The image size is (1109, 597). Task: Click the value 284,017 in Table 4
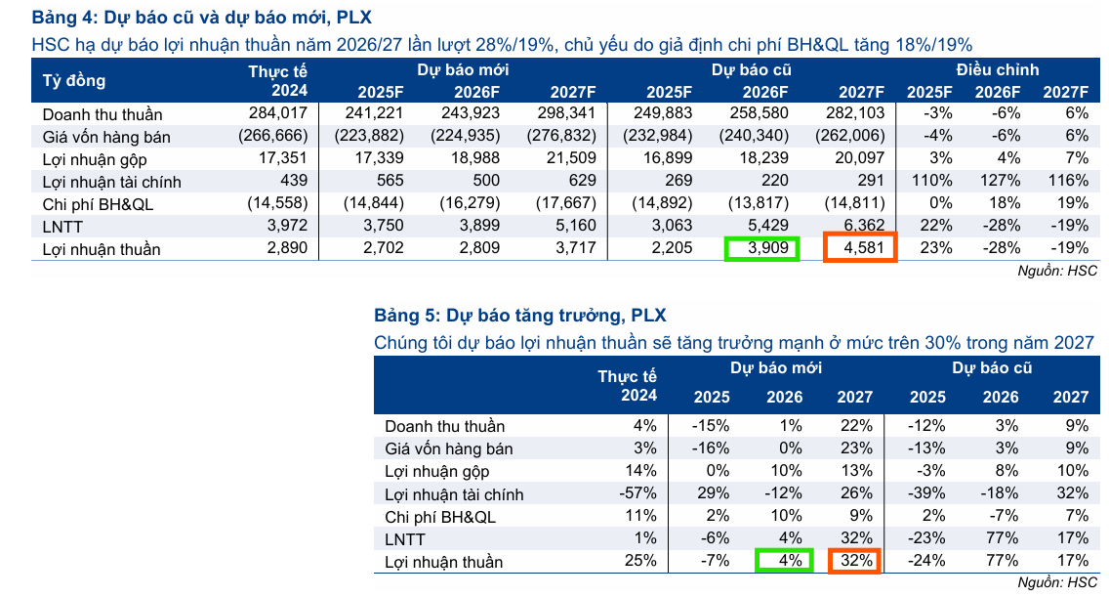[x=279, y=113]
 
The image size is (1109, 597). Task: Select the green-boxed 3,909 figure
[x=761, y=249]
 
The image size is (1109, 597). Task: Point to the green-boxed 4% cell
[x=783, y=561]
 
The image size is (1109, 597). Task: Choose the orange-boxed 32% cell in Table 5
[x=854, y=561]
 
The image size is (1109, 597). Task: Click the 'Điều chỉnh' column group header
[x=997, y=69]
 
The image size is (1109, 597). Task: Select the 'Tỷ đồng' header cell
[x=74, y=80]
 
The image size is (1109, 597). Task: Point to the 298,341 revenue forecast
[x=567, y=113]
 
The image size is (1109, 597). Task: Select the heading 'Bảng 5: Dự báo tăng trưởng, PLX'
[x=520, y=316]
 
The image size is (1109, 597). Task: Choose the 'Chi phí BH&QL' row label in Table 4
[x=99, y=204]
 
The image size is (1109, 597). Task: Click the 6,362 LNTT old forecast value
[x=863, y=227]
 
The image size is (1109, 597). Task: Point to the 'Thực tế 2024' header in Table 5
[x=628, y=386]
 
